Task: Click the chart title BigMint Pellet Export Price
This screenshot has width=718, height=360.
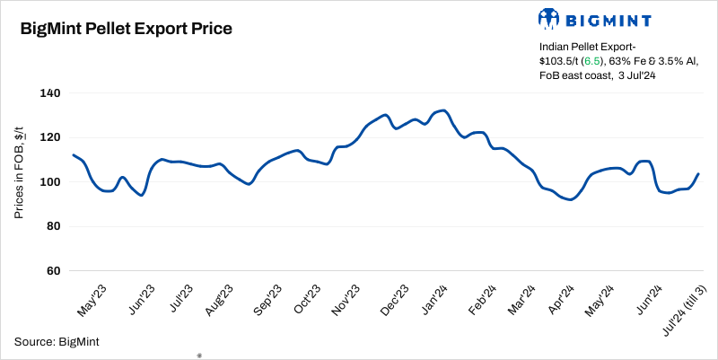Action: coord(127,29)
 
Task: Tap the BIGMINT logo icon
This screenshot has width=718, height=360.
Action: coord(549,18)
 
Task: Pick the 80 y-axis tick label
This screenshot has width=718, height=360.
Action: coord(53,226)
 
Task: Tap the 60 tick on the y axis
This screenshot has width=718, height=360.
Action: coord(53,270)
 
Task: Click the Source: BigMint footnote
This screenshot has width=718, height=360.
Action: coord(57,341)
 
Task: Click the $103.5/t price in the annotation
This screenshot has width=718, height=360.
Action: coord(556,60)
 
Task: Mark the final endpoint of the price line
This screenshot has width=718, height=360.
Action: coord(698,174)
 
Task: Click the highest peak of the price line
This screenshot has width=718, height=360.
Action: coord(443,110)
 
